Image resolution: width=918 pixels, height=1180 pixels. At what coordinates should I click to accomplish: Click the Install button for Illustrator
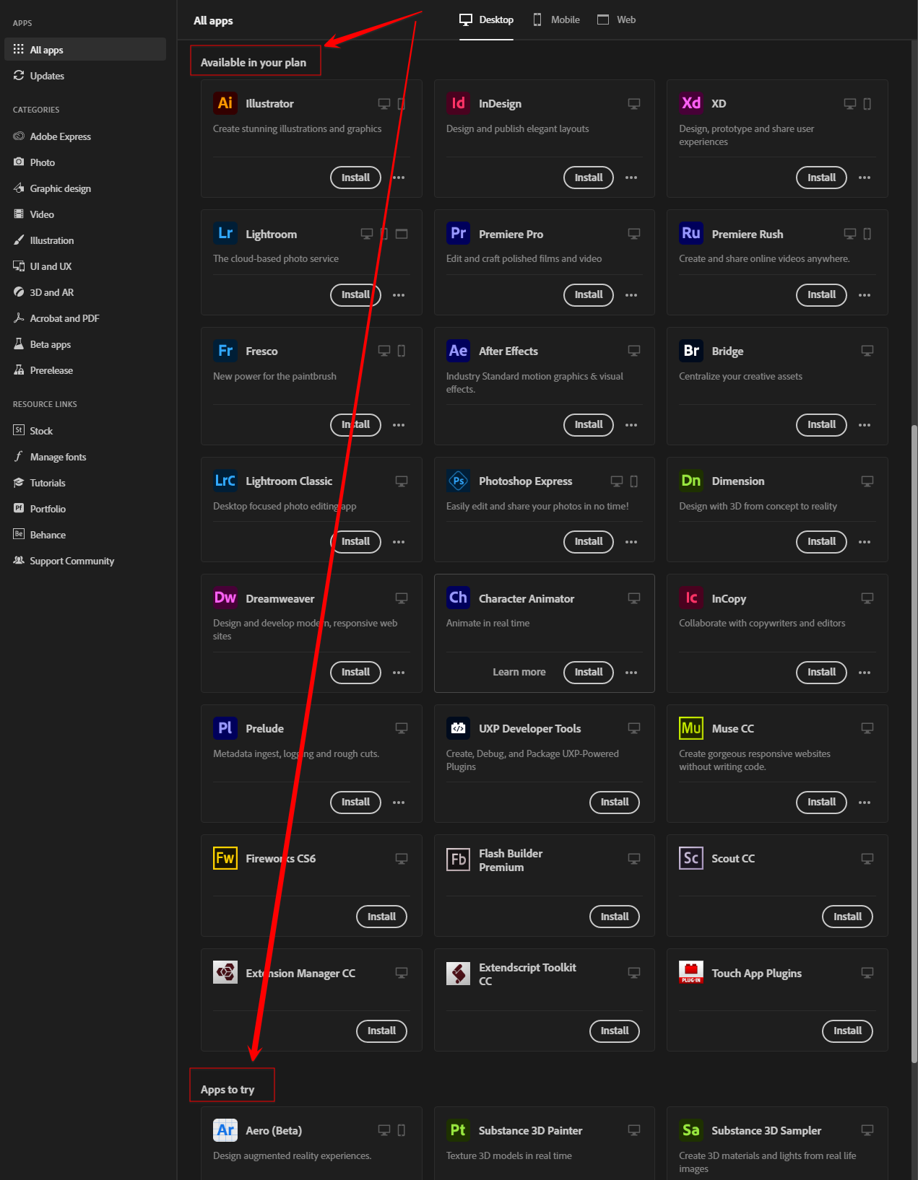click(355, 178)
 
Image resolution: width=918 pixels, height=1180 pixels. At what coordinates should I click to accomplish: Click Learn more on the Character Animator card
click(519, 672)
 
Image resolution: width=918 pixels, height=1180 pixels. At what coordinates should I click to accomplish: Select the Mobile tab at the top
click(557, 20)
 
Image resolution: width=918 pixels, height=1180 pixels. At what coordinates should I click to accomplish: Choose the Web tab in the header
click(617, 20)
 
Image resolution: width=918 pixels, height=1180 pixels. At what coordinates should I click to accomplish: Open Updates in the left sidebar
click(47, 76)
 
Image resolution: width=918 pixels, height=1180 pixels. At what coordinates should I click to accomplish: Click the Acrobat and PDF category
click(64, 318)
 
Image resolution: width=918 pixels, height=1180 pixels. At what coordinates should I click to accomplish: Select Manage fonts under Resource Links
click(58, 457)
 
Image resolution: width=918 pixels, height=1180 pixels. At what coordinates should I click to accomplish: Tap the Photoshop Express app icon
click(459, 481)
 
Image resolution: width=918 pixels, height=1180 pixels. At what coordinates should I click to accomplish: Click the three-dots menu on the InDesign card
click(631, 178)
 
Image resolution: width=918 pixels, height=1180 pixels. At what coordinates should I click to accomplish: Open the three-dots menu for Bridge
click(865, 425)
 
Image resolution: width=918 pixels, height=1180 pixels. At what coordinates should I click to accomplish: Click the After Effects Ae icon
click(459, 351)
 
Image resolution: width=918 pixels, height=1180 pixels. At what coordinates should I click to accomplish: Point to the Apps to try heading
click(228, 1090)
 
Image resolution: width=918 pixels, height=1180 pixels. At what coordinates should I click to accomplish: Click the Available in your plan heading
click(254, 63)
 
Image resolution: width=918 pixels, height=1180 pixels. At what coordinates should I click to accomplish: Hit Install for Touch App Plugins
click(847, 1031)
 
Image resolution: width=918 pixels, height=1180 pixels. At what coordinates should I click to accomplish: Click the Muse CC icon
click(691, 728)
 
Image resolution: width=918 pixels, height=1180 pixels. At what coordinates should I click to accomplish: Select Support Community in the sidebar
click(72, 561)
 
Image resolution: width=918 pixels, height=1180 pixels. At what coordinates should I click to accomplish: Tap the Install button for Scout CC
click(847, 917)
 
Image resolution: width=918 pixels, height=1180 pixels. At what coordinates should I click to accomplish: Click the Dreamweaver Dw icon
click(225, 598)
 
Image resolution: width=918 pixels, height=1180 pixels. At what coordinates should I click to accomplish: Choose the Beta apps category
click(50, 344)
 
